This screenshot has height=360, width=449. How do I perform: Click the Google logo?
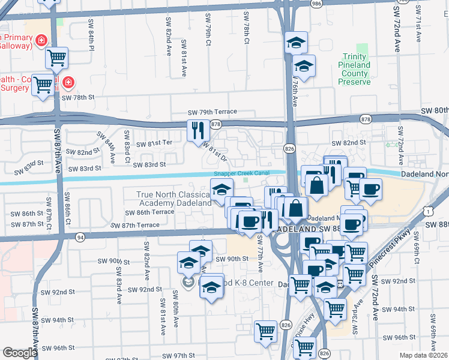(x=20, y=353)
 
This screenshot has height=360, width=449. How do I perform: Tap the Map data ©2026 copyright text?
(x=424, y=355)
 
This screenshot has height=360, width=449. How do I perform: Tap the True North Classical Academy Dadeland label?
(x=174, y=199)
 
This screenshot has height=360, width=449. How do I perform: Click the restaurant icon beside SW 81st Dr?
(x=197, y=130)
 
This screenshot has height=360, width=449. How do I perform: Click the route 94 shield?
(x=81, y=237)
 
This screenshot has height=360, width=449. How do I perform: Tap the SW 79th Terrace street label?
(x=212, y=112)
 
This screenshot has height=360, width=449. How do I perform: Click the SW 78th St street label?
(x=79, y=97)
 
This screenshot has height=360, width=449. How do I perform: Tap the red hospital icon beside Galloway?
(x=41, y=41)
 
